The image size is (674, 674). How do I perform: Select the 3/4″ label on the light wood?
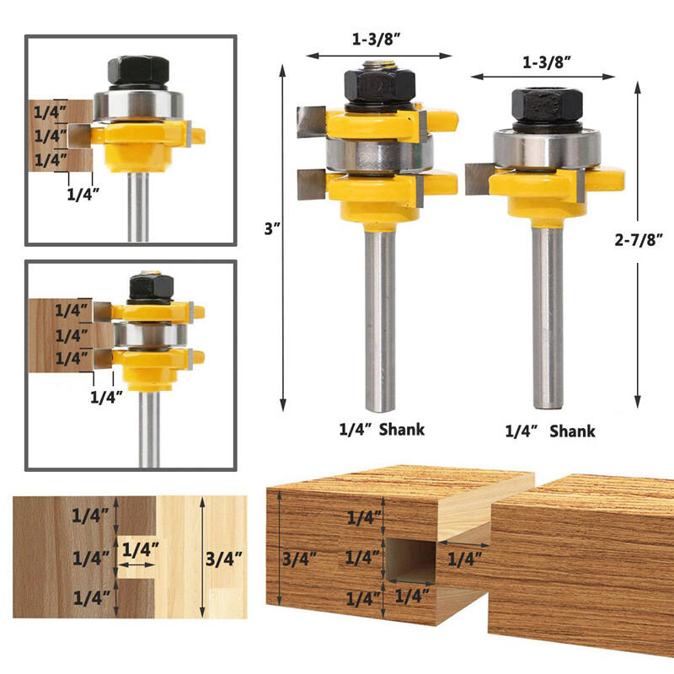click(x=222, y=558)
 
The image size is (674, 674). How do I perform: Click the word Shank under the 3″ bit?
click(x=402, y=430)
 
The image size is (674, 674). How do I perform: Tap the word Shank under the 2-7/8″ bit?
click(x=573, y=431)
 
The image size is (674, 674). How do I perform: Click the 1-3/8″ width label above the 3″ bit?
click(x=377, y=39)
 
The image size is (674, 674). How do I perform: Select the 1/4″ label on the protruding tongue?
click(x=465, y=558)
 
